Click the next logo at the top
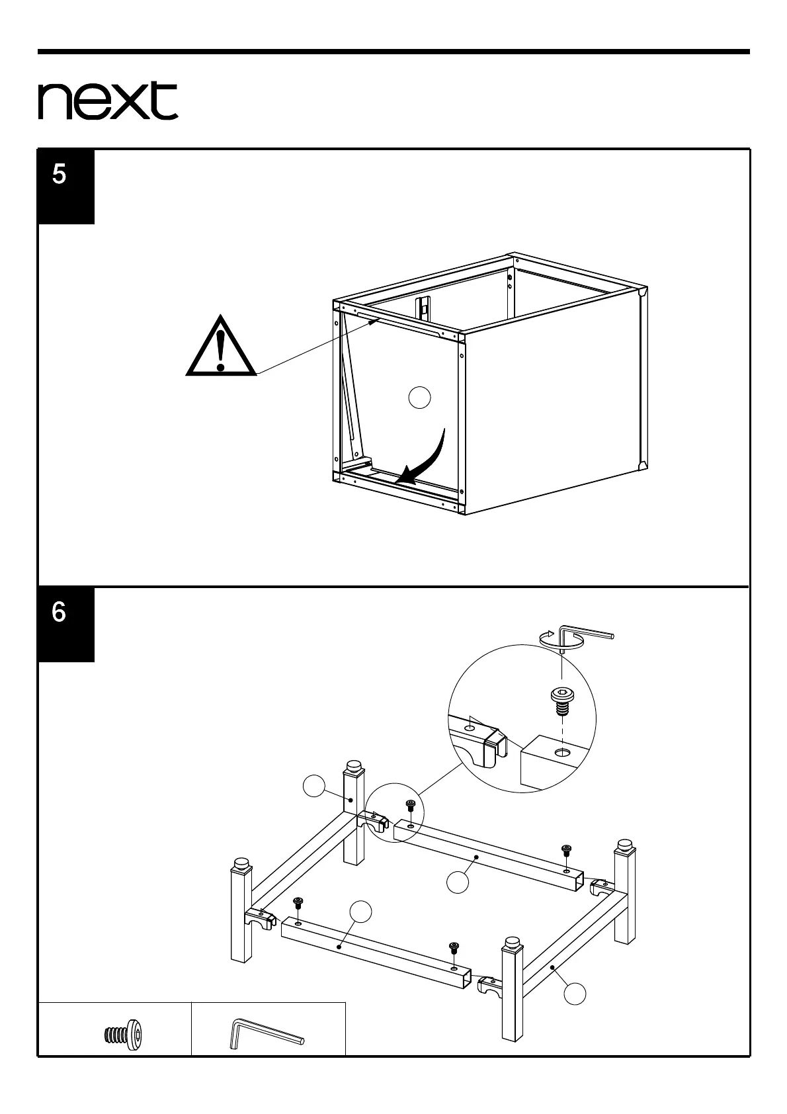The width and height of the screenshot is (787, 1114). click(x=108, y=101)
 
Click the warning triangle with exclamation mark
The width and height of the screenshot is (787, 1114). click(x=221, y=349)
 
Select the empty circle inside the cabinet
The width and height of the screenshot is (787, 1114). click(x=419, y=398)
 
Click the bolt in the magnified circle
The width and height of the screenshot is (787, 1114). click(x=561, y=701)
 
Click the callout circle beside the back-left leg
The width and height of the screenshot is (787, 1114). click(x=313, y=786)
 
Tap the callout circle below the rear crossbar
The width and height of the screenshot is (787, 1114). click(x=457, y=881)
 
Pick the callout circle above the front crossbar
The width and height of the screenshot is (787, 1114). click(x=360, y=912)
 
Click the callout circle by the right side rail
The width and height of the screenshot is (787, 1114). click(x=575, y=993)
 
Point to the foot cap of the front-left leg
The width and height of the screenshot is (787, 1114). click(x=240, y=864)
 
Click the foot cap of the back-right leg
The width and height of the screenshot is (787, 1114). click(x=624, y=845)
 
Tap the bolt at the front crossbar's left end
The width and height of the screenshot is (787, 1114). click(x=298, y=904)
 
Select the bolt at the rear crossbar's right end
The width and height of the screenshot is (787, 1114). click(x=566, y=851)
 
